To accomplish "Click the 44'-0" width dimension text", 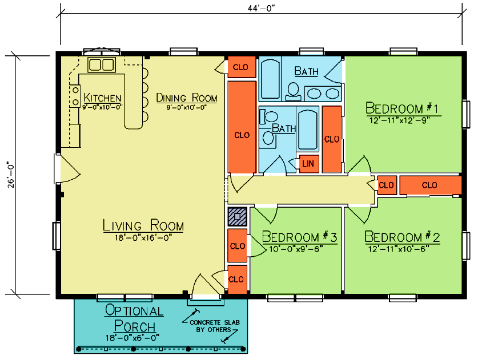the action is tap(262, 9).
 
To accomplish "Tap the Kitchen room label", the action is tap(102, 98).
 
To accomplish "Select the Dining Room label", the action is tap(187, 98).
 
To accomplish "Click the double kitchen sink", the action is tap(102, 64).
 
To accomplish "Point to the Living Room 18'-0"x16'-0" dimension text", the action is tap(143, 238).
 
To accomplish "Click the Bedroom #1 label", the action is tap(402, 108).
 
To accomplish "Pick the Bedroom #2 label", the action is tap(402, 237).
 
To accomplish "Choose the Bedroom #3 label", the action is tap(299, 237).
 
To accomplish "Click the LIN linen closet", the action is tap(308, 164).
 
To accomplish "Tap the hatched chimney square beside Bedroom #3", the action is tap(238, 216).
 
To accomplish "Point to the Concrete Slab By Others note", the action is tap(215, 326).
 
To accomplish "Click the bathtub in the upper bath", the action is tap(270, 79).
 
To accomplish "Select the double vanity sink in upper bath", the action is tap(323, 94).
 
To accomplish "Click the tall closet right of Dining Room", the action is tap(242, 127).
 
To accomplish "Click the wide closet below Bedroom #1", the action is tap(430, 185).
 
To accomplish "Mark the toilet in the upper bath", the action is tap(293, 92).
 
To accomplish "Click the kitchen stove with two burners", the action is tap(75, 96).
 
